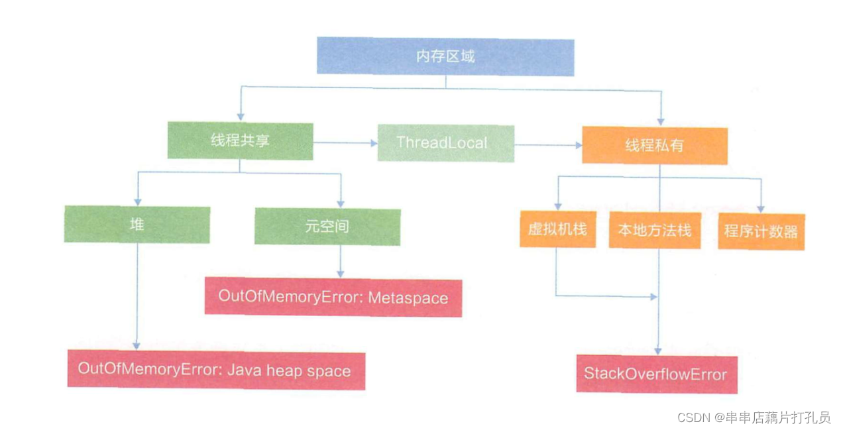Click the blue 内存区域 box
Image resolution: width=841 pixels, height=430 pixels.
[x=445, y=56]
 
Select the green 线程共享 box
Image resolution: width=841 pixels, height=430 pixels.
[x=240, y=141]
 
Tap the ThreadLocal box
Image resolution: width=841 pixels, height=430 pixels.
[x=445, y=142]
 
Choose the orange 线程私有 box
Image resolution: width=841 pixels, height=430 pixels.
[x=654, y=145]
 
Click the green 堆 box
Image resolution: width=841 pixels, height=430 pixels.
[x=137, y=225]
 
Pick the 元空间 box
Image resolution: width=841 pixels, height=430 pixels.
[x=327, y=227]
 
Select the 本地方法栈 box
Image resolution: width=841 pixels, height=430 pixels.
[x=654, y=231]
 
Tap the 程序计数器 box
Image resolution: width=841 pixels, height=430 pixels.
[x=761, y=231]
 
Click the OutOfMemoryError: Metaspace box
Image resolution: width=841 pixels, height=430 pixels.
[x=333, y=297]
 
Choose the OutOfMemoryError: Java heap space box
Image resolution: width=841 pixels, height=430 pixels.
[x=215, y=370]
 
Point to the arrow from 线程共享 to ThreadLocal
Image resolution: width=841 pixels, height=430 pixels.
[x=345, y=142]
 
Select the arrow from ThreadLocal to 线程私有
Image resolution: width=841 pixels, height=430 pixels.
[x=548, y=144]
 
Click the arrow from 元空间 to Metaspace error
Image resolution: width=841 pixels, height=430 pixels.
[x=341, y=261]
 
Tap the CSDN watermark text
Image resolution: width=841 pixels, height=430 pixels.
[x=754, y=417]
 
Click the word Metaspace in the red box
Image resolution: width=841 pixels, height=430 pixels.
[x=408, y=298]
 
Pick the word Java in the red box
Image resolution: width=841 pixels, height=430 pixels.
[x=245, y=370]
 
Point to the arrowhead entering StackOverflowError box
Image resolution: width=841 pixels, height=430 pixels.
[x=658, y=350]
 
